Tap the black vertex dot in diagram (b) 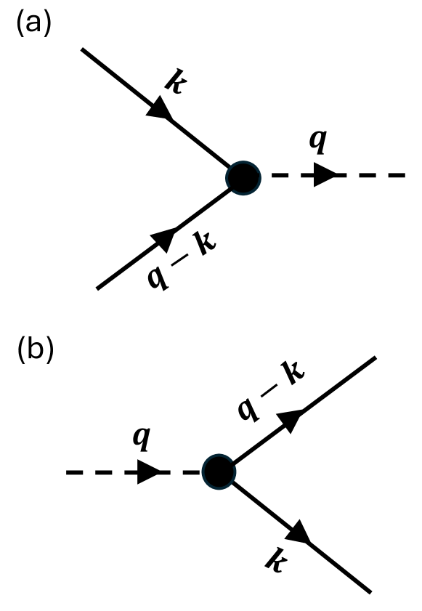[x=218, y=471]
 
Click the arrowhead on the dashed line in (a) [x=326, y=176]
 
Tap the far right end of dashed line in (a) [x=404, y=176]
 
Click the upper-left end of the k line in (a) [x=82, y=49]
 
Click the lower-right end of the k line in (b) [x=370, y=589]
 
